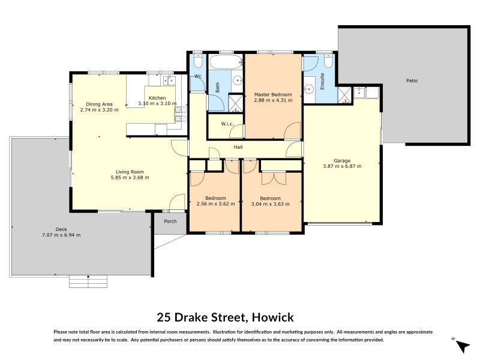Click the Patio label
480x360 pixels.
[412, 80]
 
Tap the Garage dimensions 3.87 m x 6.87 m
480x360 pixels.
[342, 166]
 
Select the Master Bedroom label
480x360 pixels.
[272, 94]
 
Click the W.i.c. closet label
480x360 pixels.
[227, 125]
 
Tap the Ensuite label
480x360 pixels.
[322, 81]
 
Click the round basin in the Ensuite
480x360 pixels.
[310, 90]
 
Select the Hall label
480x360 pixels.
[238, 146]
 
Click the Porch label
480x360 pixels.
[170, 220]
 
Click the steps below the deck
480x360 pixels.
[88, 281]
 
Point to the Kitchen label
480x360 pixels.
[157, 98]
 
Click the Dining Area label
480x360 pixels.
[99, 104]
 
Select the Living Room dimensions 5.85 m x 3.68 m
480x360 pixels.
[130, 178]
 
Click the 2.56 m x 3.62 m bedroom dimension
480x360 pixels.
[215, 204]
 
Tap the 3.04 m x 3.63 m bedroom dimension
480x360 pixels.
[270, 204]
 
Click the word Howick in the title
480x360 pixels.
[272, 317]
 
